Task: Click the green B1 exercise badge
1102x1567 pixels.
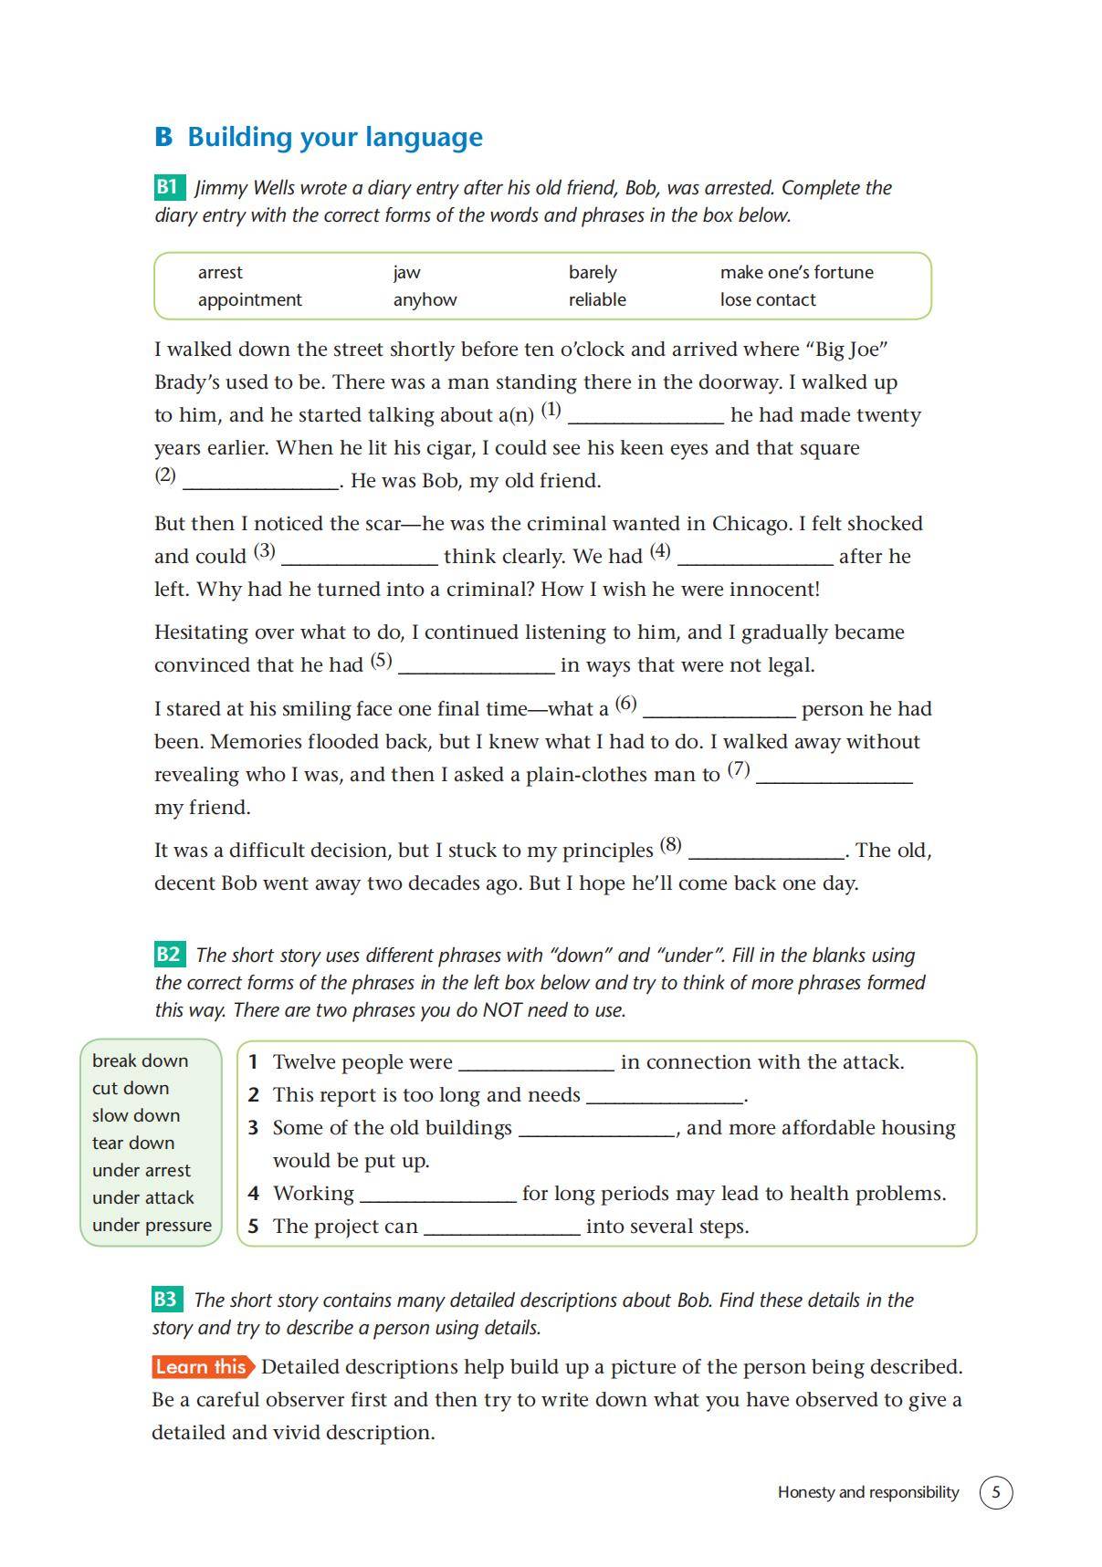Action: coord(168,187)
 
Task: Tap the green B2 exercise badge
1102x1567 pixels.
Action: coord(168,955)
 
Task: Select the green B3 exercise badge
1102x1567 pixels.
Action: coord(166,1300)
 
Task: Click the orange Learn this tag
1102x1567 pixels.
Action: coord(202,1366)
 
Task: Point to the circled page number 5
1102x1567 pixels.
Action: coord(996,1492)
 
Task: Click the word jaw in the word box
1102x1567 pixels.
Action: coord(406,272)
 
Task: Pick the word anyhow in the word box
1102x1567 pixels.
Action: coord(425,299)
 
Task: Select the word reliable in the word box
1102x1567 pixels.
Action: coord(597,299)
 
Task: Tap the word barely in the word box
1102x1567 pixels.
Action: coord(593,272)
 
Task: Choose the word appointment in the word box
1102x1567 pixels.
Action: coord(249,299)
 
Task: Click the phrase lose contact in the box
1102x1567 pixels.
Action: coord(768,299)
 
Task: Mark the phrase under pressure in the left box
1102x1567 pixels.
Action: coord(152,1225)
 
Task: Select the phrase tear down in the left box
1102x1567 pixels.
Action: coord(133,1143)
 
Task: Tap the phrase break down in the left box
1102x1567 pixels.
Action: coord(140,1060)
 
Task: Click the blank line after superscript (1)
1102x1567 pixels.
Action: coord(645,418)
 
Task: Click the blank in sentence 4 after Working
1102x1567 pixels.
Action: coord(438,1196)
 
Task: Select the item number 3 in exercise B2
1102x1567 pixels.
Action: coord(254,1128)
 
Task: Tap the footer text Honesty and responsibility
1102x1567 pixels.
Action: coord(868,1492)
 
